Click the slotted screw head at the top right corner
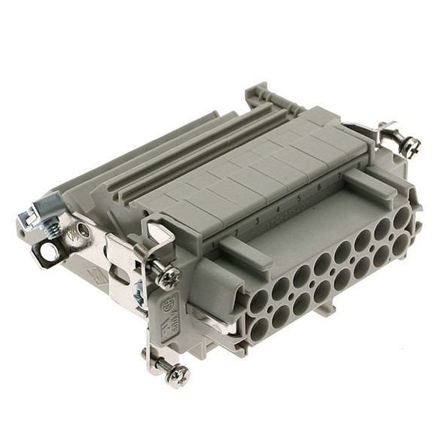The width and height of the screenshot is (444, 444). pyautogui.click(x=409, y=147)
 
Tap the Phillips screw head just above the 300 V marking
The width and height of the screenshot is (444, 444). pyautogui.click(x=167, y=276)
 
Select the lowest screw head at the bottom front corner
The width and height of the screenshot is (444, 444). pyautogui.click(x=178, y=373)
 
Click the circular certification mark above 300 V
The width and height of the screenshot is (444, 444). pyautogui.click(x=169, y=305)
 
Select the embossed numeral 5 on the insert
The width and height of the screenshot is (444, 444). pyautogui.click(x=299, y=198)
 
